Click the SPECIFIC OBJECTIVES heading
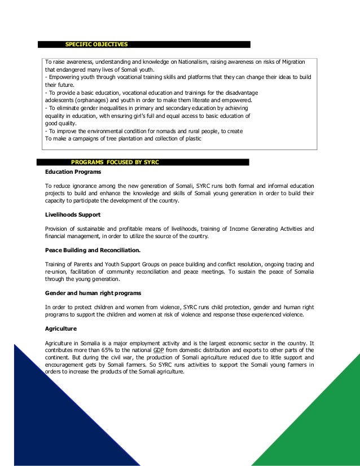(x=96, y=43)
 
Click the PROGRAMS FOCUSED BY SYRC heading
(x=115, y=162)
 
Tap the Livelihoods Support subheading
(x=70, y=215)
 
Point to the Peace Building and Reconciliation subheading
(x=93, y=250)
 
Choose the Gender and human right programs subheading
(x=93, y=293)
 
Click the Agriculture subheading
(x=61, y=328)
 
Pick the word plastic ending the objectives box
(x=192, y=138)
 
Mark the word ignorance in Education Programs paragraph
(x=86, y=186)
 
